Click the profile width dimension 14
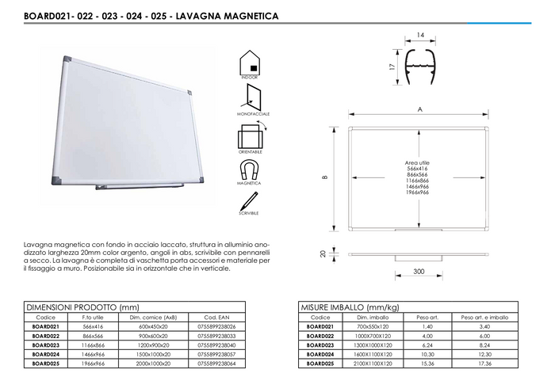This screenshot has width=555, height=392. coord(420,35)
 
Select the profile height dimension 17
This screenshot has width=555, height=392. coord(392,67)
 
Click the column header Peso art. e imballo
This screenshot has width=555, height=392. coord(485,317)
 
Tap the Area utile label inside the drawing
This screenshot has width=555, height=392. coord(417,162)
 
